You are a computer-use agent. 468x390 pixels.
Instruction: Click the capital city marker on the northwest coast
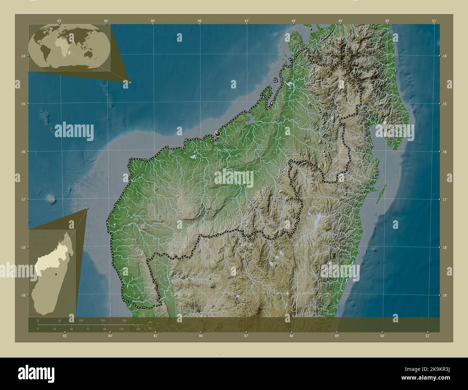(217, 134)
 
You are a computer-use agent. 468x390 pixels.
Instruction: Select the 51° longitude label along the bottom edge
(428, 336)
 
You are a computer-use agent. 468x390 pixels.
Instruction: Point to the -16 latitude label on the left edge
(23, 151)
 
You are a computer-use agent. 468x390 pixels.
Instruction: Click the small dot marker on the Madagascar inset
(56, 275)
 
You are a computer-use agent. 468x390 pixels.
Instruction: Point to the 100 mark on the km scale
(81, 320)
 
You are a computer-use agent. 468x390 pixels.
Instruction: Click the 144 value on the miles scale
(138, 329)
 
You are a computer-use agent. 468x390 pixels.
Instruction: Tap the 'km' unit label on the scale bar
(150, 322)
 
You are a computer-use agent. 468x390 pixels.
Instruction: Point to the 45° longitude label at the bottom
(156, 336)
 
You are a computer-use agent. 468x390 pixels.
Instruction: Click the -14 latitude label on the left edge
(23, 56)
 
